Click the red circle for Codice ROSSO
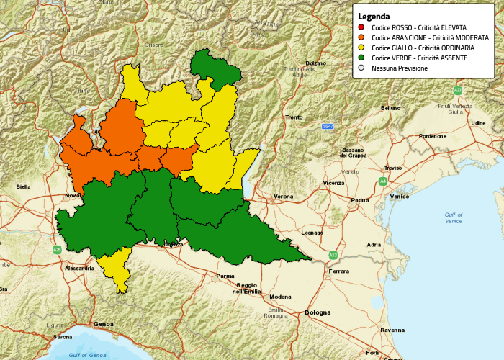[361, 27]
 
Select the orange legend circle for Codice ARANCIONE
[361, 37]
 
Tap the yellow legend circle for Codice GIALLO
[361, 48]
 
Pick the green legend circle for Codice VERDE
[361, 58]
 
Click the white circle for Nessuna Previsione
[361, 68]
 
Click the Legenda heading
[374, 17]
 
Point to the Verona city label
[284, 197]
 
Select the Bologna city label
[318, 312]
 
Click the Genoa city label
[104, 325]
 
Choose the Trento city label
[294, 117]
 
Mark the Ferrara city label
[338, 271]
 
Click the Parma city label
[225, 276]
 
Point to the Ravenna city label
[392, 330]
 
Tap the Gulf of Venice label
[454, 218]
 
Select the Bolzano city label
[316, 63]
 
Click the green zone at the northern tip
[214, 68]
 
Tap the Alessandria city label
[79, 268]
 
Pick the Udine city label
[478, 123]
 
